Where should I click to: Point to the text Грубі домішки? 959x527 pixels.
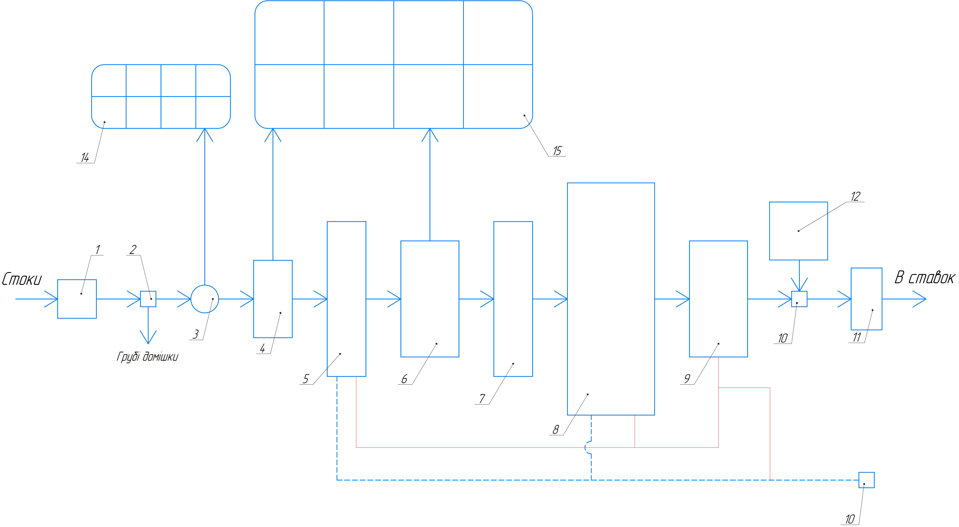[x=147, y=357]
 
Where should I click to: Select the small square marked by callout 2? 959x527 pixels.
[x=148, y=299]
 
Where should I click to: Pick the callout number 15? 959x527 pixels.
[x=557, y=151]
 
